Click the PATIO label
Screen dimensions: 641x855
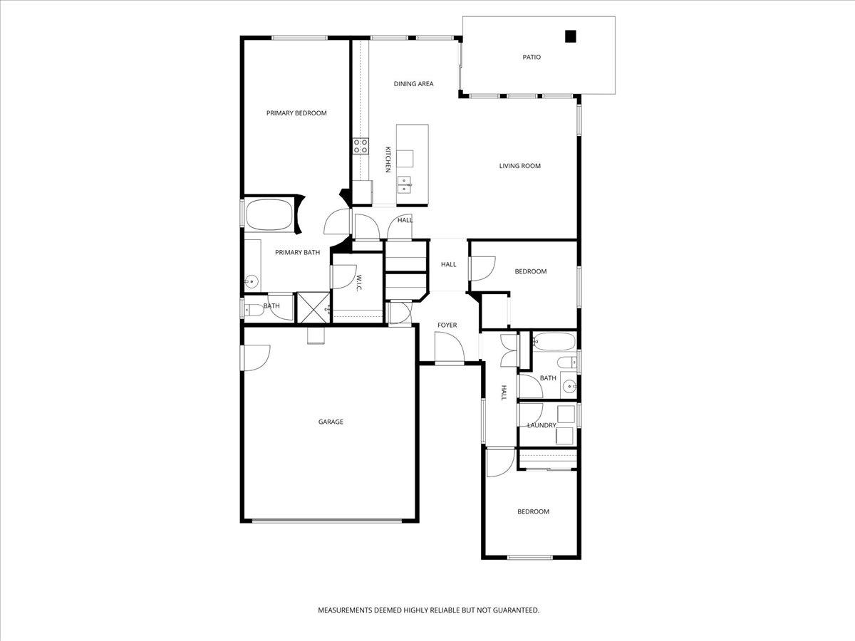(532, 57)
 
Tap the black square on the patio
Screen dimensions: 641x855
(570, 36)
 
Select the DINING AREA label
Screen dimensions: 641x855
(413, 84)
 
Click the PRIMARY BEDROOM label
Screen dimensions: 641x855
(296, 113)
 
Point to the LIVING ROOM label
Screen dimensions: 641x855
(519, 166)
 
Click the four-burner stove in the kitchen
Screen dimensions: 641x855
(361, 147)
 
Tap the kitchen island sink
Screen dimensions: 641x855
(405, 184)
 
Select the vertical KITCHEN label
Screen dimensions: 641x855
(388, 160)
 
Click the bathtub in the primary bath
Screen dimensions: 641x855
(269, 214)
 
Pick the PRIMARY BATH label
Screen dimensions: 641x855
(297, 252)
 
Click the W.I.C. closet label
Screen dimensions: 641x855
(360, 283)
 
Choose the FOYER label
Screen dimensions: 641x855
(447, 325)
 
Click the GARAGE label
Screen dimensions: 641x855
(331, 422)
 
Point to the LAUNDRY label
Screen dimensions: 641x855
(541, 426)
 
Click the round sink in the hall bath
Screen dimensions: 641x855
(569, 387)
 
